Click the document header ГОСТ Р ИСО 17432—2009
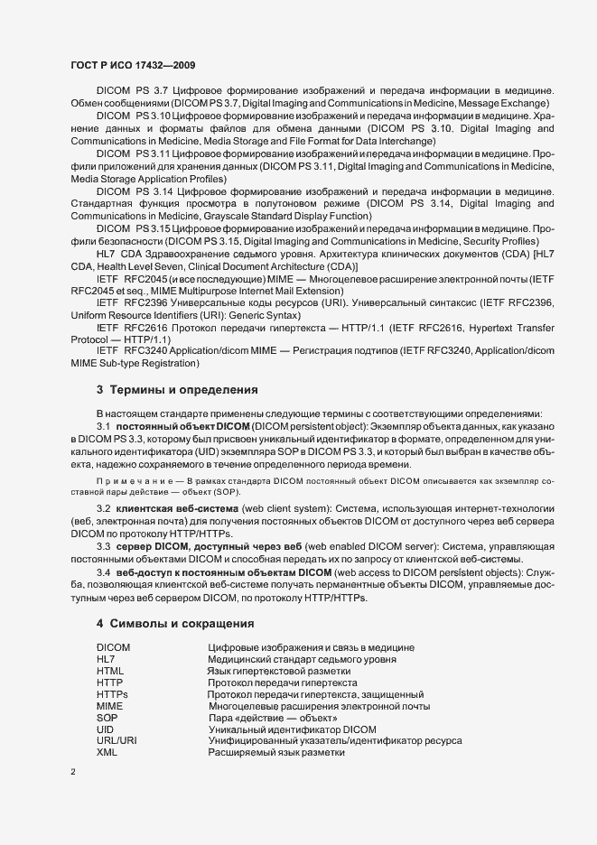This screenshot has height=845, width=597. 132,66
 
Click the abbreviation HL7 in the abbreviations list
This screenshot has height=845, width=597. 106,660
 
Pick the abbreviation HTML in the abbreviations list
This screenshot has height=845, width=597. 109,672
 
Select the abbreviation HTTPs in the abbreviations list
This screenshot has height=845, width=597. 112,694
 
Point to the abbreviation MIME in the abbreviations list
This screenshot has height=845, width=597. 109,706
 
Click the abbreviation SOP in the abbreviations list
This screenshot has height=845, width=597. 107,717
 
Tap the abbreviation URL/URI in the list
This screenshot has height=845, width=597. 117,740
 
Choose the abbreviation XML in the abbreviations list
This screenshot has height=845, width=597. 107,752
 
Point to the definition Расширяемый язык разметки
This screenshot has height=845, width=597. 277,752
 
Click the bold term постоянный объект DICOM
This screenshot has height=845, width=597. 182,425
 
